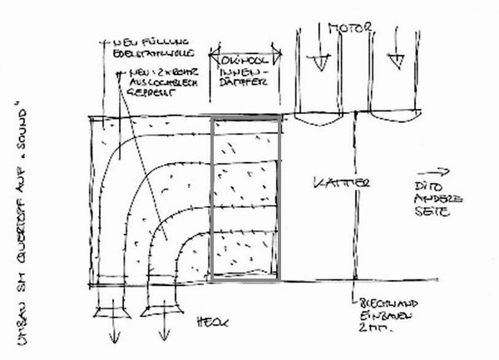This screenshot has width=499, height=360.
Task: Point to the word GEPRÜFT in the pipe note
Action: point(153,95)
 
